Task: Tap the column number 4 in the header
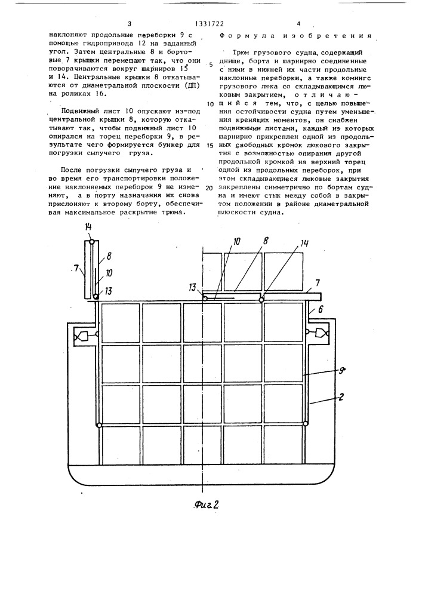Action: pyautogui.click(x=298, y=24)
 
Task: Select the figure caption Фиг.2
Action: pyautogui.click(x=207, y=504)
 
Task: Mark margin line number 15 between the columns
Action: pyautogui.click(x=210, y=146)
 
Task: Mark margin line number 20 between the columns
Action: pyautogui.click(x=210, y=188)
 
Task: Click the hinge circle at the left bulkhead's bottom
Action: pyautogui.click(x=99, y=424)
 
